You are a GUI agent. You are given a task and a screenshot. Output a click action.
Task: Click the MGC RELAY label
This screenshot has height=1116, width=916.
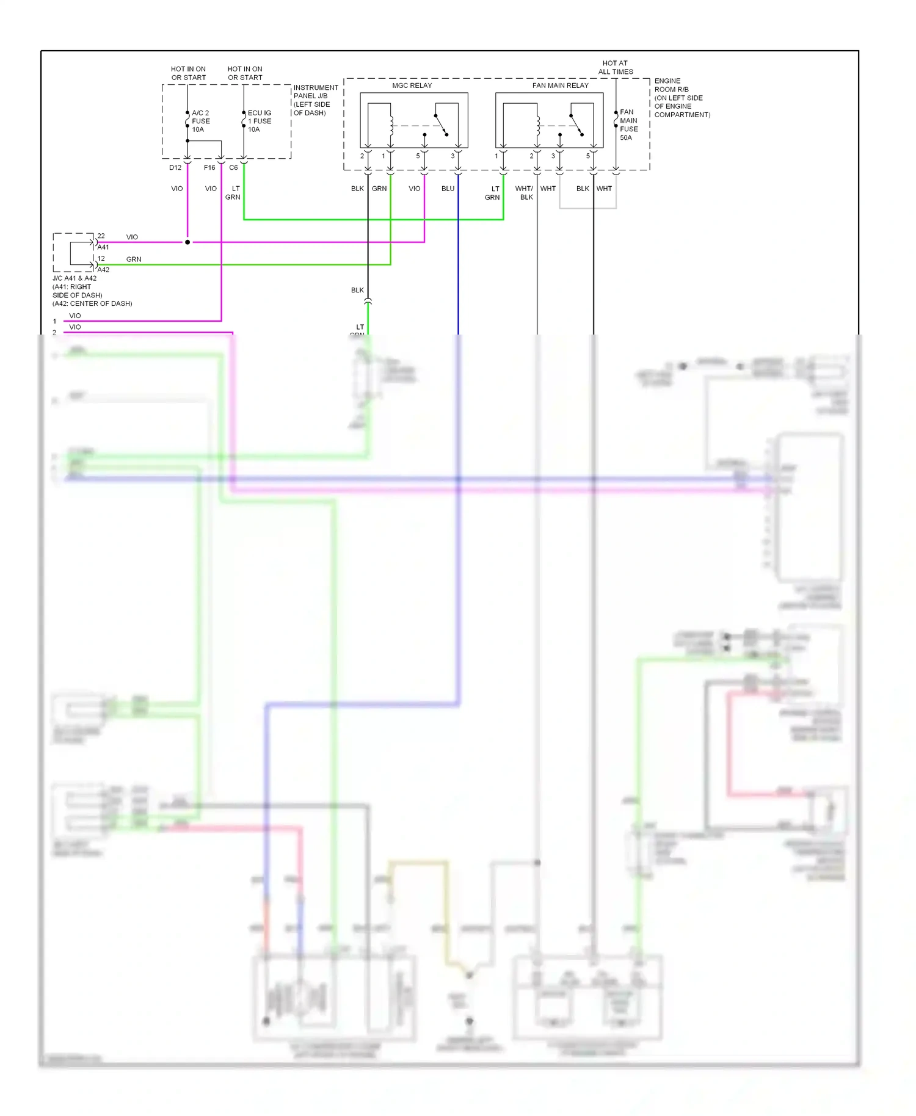(412, 85)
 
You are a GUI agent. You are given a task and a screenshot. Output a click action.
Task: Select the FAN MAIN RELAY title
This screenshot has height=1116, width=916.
(560, 85)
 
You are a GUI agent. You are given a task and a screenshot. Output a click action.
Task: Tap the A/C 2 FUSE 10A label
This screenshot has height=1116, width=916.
(200, 121)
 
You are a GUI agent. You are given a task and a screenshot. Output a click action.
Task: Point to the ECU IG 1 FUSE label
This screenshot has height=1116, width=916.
(259, 121)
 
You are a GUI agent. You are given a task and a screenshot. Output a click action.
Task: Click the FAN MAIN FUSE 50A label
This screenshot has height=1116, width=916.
(628, 125)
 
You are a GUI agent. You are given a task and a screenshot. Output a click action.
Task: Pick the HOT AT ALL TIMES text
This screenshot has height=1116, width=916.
(615, 67)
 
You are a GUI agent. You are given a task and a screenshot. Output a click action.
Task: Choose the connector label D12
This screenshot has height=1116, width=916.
(175, 167)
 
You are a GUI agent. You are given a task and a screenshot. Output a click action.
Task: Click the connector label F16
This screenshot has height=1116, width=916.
(209, 167)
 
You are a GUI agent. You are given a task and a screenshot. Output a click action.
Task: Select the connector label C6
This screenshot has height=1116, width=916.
(233, 167)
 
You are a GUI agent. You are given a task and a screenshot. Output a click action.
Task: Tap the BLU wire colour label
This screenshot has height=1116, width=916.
(448, 189)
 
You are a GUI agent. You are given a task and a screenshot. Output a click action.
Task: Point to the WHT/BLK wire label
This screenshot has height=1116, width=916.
(524, 193)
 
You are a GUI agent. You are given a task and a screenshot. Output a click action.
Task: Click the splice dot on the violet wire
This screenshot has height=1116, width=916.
(187, 242)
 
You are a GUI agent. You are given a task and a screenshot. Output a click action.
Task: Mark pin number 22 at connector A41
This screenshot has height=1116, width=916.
(101, 236)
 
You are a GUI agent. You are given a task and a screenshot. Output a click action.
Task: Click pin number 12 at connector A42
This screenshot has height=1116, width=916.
(101, 258)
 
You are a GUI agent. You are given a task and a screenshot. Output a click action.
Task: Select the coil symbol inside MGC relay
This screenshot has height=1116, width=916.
(391, 125)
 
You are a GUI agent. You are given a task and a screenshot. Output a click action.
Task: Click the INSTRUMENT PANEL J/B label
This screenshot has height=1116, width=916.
(315, 100)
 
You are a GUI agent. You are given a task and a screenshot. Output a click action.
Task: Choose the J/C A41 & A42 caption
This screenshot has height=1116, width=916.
(92, 291)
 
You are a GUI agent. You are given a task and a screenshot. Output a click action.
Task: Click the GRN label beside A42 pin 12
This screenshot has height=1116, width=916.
(134, 259)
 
